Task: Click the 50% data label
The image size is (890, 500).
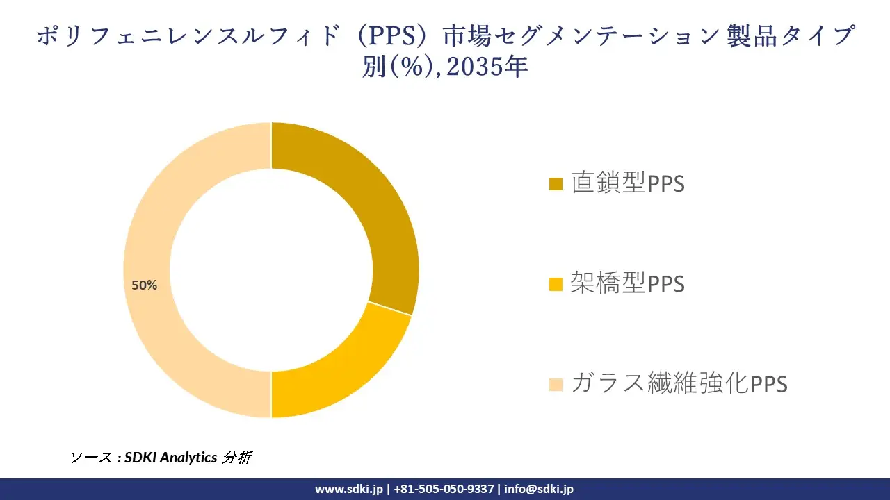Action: (x=145, y=285)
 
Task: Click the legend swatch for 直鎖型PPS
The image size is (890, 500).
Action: (x=556, y=184)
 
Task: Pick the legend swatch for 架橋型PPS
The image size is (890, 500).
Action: (x=556, y=284)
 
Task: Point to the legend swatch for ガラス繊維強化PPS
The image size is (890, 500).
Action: (x=556, y=384)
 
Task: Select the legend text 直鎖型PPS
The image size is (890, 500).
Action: (x=628, y=183)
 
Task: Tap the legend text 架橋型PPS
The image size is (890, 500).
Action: (x=628, y=283)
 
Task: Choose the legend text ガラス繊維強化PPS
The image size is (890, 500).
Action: (x=679, y=383)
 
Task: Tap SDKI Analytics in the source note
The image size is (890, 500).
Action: (x=170, y=458)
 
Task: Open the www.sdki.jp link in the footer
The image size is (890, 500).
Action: (x=349, y=489)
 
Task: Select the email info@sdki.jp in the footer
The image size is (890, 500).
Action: (x=539, y=489)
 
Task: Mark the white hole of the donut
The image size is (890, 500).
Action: (x=271, y=270)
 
